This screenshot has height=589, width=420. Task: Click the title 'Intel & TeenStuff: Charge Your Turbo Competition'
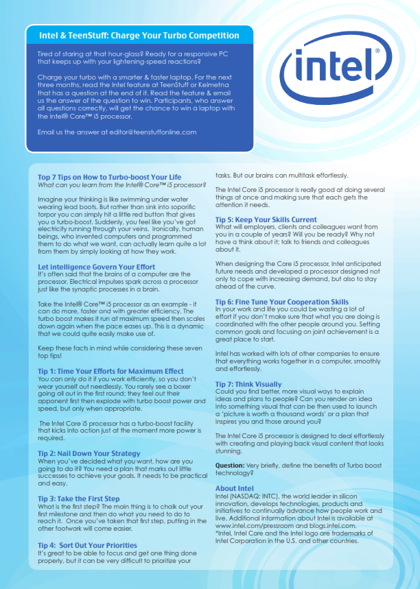pos(139,35)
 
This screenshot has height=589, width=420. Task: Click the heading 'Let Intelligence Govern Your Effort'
pos(96,267)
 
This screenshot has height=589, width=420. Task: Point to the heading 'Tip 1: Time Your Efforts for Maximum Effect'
pos(110,371)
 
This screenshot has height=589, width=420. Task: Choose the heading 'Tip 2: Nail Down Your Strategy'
pos(90,454)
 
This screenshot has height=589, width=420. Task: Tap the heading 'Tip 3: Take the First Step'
pos(79,498)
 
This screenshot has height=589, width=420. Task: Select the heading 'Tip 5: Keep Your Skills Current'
pos(266,219)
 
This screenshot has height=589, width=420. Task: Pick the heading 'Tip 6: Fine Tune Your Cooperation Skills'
pos(282,302)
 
